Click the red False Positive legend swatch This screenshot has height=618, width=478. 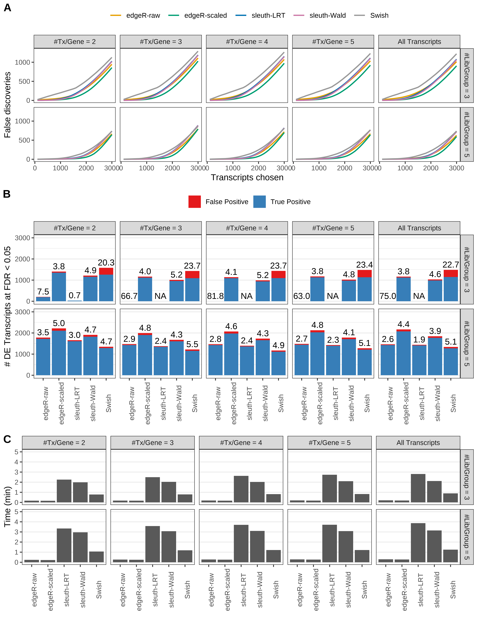(195, 202)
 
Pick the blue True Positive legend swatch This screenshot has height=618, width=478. (259, 202)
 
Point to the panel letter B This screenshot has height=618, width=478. (7, 194)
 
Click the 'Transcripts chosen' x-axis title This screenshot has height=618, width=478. (247, 177)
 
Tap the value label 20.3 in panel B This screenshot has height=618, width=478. (106, 263)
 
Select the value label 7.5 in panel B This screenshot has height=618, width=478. (43, 291)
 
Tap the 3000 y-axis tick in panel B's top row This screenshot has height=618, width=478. (23, 238)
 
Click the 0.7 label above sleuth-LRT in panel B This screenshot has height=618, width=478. (75, 295)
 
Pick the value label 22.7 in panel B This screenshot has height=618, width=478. (451, 265)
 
